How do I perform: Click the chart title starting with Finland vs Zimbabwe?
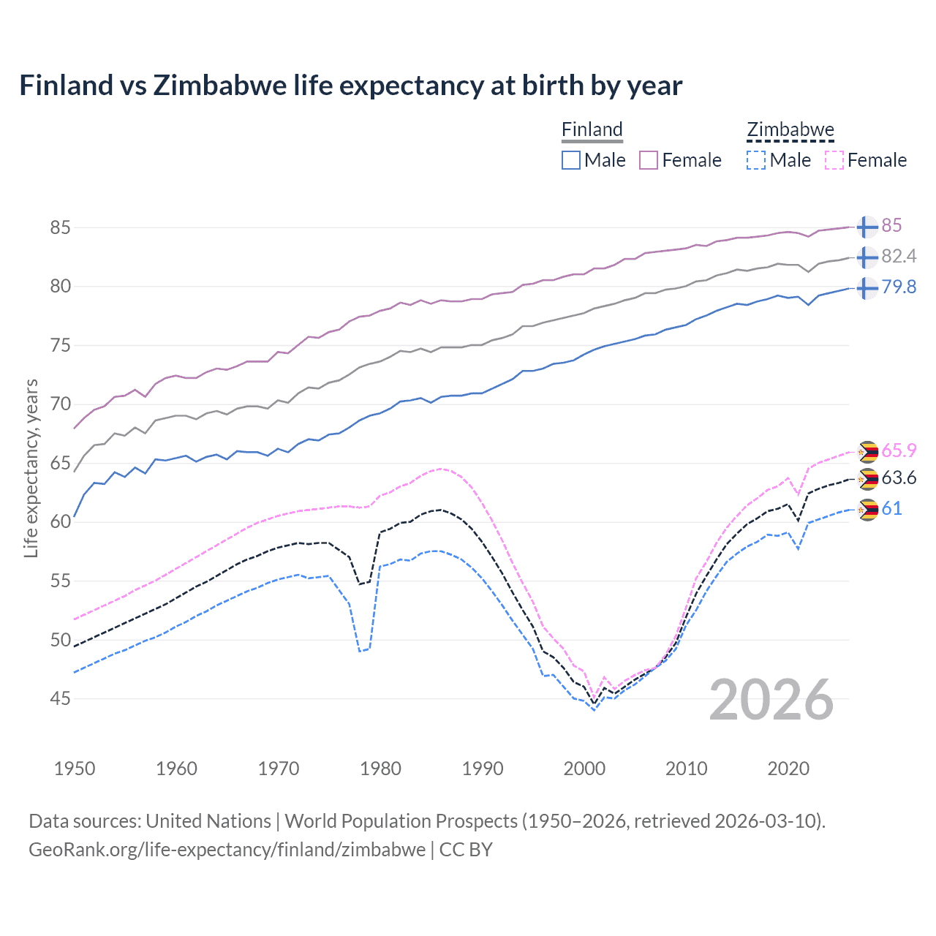(x=350, y=86)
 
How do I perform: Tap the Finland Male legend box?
(x=571, y=160)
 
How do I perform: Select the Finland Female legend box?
(x=649, y=160)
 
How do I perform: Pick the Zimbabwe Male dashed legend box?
(x=756, y=160)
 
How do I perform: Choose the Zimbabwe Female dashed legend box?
(x=834, y=160)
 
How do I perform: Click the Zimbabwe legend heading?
(x=790, y=130)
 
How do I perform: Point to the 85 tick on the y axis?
(x=61, y=227)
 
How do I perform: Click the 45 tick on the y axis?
(x=61, y=699)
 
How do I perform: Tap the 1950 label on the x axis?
(x=75, y=769)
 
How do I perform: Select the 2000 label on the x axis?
(x=584, y=769)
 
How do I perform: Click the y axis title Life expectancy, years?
(x=31, y=468)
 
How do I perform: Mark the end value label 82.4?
(x=899, y=256)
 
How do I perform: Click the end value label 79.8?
(x=899, y=287)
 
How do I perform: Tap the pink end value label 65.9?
(x=899, y=450)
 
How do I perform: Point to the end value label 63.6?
(x=899, y=478)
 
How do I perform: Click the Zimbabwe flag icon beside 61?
(x=867, y=510)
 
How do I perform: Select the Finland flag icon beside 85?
(x=867, y=227)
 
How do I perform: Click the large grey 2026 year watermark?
(x=771, y=700)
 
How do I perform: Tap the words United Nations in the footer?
(x=208, y=821)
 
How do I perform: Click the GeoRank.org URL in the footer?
(x=227, y=850)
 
